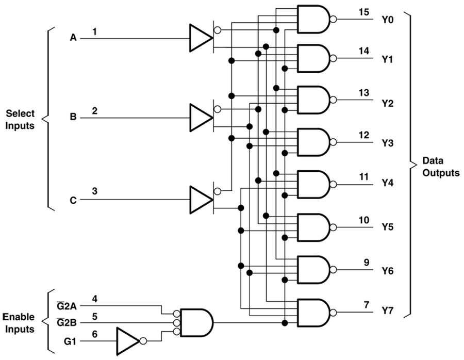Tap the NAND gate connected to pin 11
(x=313, y=184)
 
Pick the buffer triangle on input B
(x=200, y=117)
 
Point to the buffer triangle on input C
(x=200, y=199)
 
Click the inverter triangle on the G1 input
(x=127, y=340)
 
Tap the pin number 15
(x=363, y=12)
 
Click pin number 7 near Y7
(x=366, y=304)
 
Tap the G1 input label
(x=69, y=341)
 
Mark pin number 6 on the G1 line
(x=94, y=334)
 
